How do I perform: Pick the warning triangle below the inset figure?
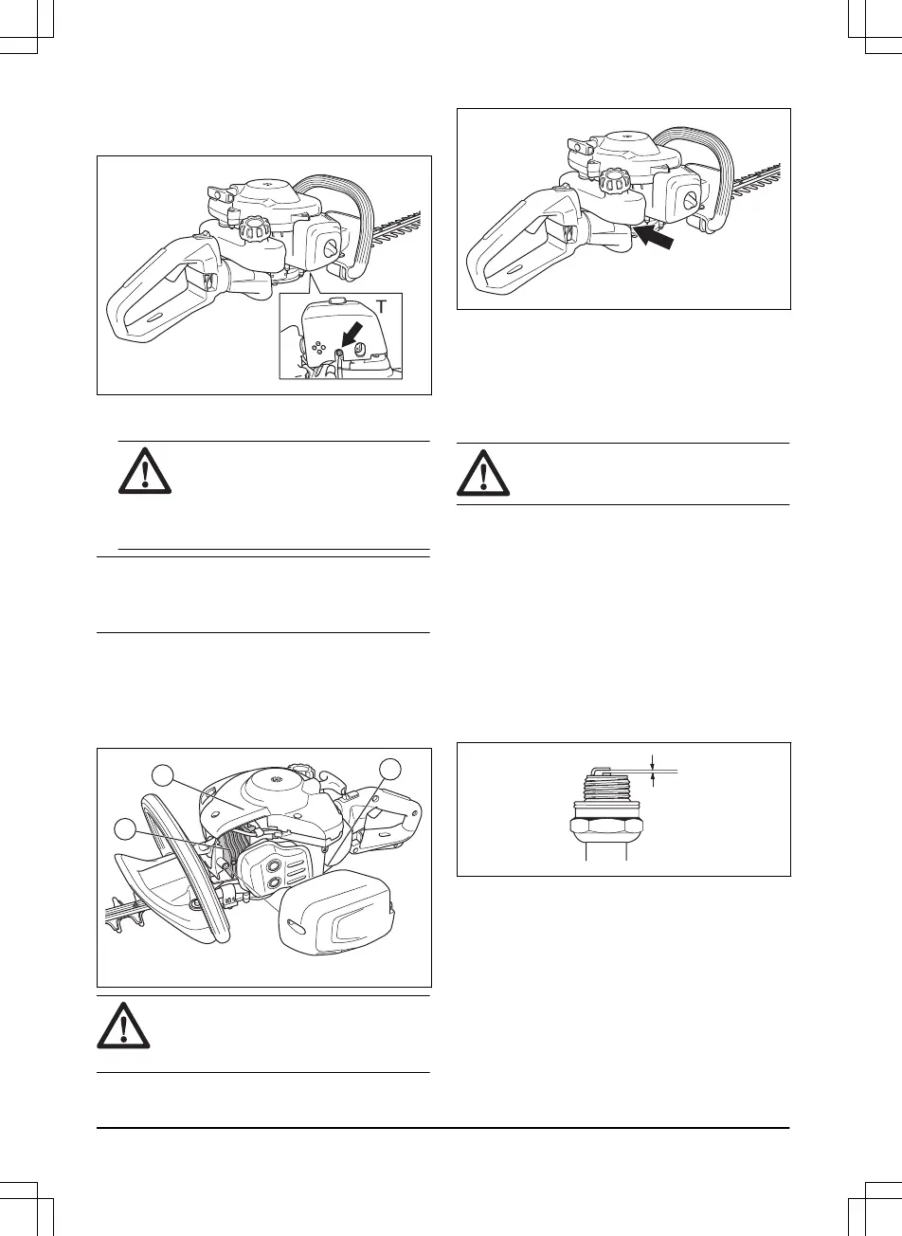pyautogui.click(x=145, y=469)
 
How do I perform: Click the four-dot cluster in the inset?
pyautogui.click(x=321, y=347)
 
